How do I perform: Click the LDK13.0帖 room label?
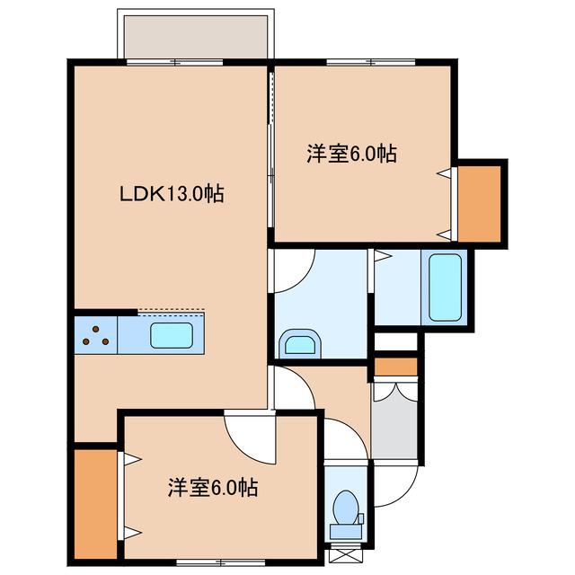[x=172, y=193]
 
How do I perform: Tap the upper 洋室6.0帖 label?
[x=351, y=154]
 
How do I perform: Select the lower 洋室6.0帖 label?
[x=213, y=487]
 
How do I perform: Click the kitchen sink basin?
[x=172, y=335]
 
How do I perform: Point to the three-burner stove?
[x=96, y=335]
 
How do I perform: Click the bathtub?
[x=445, y=287]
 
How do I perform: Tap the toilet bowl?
[x=345, y=508]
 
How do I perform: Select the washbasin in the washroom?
[x=300, y=344]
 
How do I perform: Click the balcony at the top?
[x=196, y=37]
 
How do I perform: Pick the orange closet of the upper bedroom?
[x=479, y=204]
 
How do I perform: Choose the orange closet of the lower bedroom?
[x=96, y=504]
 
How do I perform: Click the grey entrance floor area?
[x=394, y=420]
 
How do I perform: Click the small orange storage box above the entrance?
[x=395, y=367]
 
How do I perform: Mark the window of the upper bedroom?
[x=371, y=62]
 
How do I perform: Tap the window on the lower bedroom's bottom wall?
[x=221, y=562]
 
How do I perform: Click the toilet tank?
[x=345, y=531]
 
